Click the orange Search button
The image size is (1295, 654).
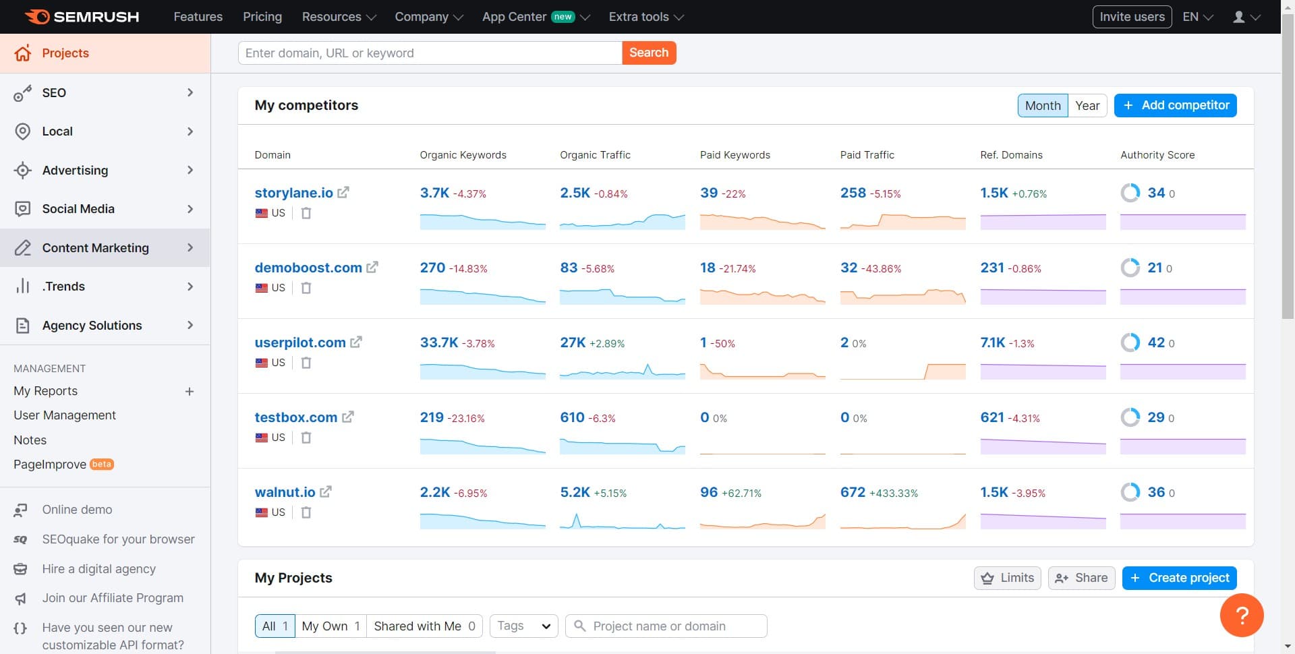(x=648, y=53)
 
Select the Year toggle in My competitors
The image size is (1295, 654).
(x=1087, y=105)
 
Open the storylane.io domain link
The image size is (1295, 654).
(x=293, y=193)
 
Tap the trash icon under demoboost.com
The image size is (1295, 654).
(x=306, y=288)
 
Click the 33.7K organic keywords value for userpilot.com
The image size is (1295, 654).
(x=438, y=343)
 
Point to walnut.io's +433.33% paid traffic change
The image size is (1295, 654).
(x=894, y=493)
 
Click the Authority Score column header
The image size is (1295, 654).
(x=1157, y=155)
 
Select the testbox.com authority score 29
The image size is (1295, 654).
(x=1156, y=417)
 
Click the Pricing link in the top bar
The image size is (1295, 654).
(x=262, y=17)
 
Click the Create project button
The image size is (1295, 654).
(x=1179, y=578)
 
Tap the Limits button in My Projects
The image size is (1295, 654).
(x=1008, y=578)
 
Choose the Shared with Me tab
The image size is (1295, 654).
(x=424, y=626)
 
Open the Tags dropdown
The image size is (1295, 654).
(x=524, y=626)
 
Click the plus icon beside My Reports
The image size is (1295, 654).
(x=190, y=392)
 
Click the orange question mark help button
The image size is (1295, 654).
(x=1242, y=615)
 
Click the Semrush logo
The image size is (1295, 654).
(x=82, y=17)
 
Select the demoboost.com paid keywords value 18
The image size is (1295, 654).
(x=708, y=268)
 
